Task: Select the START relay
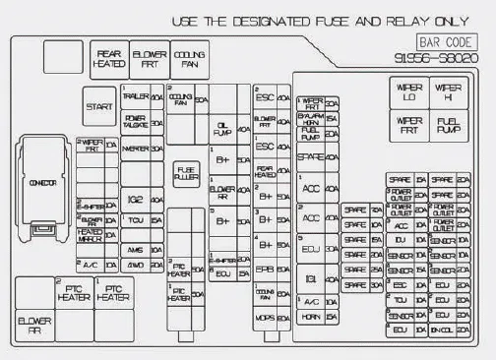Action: pyautogui.click(x=98, y=105)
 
